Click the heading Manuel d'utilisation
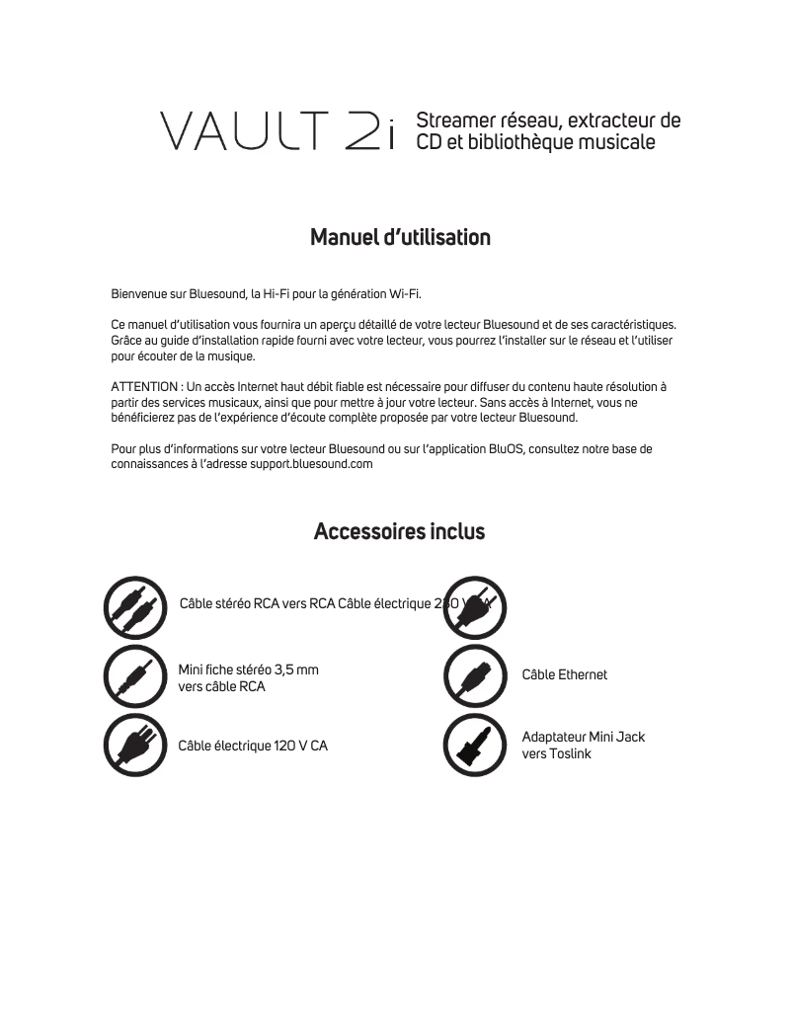tap(400, 238)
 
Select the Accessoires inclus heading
tap(399, 532)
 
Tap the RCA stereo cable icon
tap(134, 605)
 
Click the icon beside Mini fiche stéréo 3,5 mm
tap(134, 675)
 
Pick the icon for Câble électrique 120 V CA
tap(134, 746)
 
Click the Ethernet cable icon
tap(475, 675)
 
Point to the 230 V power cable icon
tap(475, 605)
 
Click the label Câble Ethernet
tap(564, 675)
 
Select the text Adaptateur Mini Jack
tap(583, 738)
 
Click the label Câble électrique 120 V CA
tap(252, 746)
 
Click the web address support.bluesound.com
tap(311, 464)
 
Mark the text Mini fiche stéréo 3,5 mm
tap(248, 670)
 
